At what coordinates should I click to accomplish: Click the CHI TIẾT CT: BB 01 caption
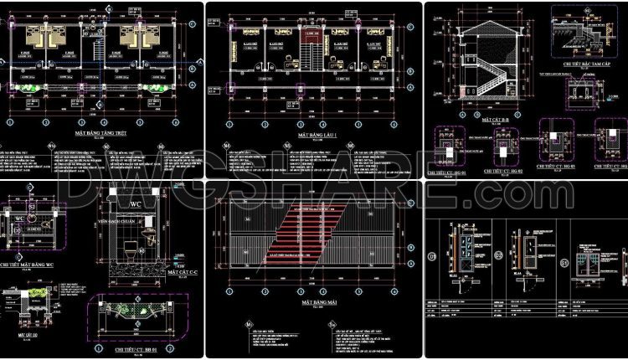tap(132, 348)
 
